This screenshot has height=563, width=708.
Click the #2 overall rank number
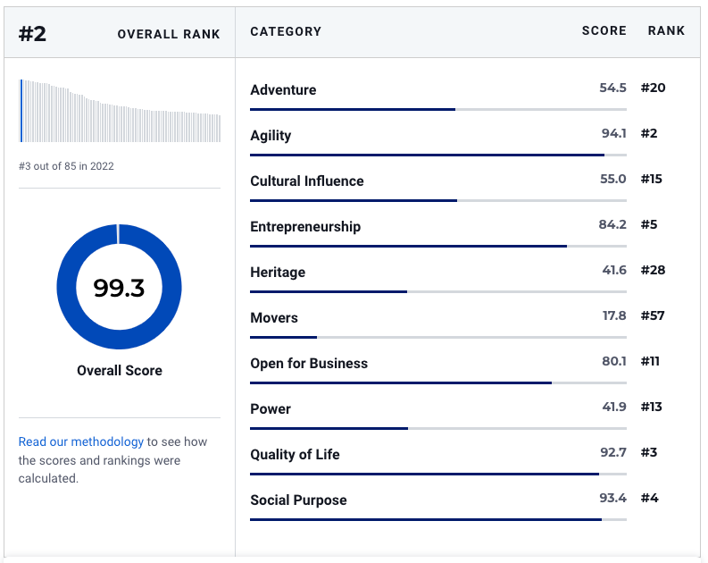(x=32, y=34)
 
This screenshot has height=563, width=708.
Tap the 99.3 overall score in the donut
(x=119, y=288)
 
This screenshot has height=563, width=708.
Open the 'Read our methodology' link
(x=80, y=441)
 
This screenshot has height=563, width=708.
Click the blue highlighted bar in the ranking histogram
(x=21, y=111)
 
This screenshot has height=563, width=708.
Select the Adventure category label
(x=283, y=89)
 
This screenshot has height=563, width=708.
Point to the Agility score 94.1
(x=613, y=133)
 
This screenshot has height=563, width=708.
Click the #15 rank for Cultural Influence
(x=652, y=179)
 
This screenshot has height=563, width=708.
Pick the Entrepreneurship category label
(x=305, y=226)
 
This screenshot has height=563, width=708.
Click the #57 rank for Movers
(x=653, y=315)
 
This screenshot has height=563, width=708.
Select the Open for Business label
(x=309, y=363)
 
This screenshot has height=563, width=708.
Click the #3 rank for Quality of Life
(x=649, y=452)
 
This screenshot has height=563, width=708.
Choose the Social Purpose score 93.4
(x=612, y=498)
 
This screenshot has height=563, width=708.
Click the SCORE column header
(x=604, y=30)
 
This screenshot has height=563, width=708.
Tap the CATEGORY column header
(x=286, y=31)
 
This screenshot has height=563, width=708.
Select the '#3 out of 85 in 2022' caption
(x=66, y=166)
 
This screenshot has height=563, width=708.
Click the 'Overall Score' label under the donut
(x=120, y=370)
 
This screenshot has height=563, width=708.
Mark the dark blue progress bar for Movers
(x=284, y=337)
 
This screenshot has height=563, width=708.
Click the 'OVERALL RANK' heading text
(x=169, y=35)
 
